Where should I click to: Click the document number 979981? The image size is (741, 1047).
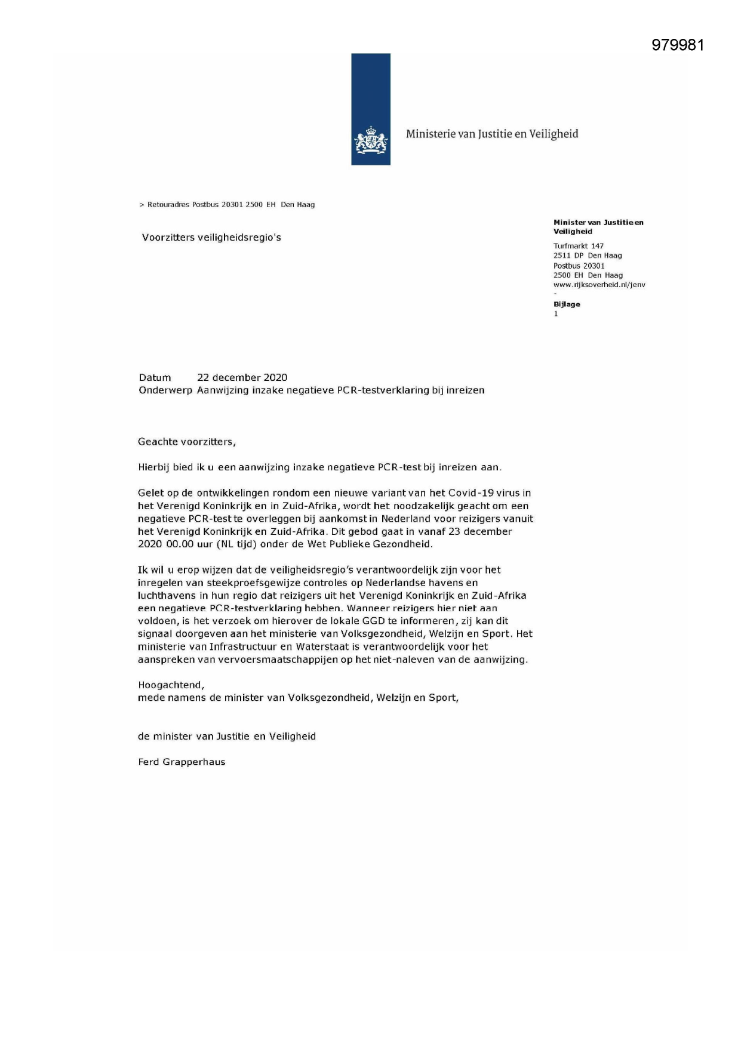(678, 45)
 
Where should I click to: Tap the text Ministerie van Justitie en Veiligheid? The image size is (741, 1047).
(492, 134)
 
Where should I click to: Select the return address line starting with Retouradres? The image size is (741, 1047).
(227, 205)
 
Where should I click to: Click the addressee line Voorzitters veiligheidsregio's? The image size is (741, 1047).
(211, 238)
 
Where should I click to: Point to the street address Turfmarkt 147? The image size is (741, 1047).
(578, 246)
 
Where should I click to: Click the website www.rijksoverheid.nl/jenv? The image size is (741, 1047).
(599, 285)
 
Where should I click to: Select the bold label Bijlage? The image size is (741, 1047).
(567, 304)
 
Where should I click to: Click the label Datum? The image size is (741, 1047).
(155, 378)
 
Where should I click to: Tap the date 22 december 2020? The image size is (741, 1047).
(242, 378)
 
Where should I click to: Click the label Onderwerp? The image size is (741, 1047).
(165, 390)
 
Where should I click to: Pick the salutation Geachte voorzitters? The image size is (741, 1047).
(186, 442)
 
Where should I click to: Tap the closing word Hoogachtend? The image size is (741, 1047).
(171, 685)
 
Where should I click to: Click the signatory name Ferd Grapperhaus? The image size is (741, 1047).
(182, 762)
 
